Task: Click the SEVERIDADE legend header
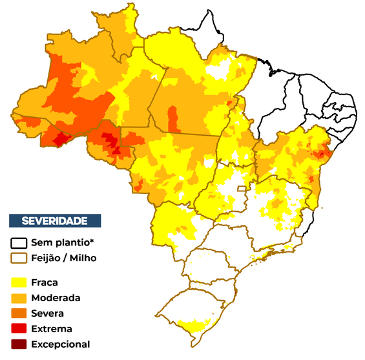tap(55, 220)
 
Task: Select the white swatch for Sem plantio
tap(19, 244)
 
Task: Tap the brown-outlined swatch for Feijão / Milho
tap(19, 258)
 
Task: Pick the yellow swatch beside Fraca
tap(19, 282)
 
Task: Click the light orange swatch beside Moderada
tap(19, 298)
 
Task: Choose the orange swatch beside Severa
tap(19, 313)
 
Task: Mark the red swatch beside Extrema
tap(19, 329)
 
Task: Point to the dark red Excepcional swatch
tap(19, 344)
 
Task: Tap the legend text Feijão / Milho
tap(72, 258)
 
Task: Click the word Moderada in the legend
tap(60, 298)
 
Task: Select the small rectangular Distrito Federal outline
tap(242, 189)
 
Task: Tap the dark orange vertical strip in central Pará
tap(172, 119)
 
